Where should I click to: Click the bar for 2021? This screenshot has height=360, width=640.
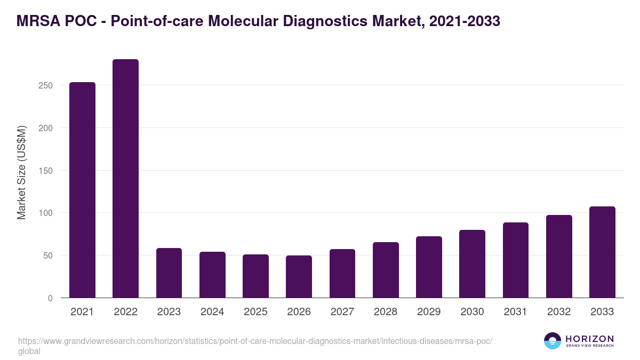(x=82, y=190)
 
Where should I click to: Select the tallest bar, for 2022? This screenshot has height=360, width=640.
(x=125, y=179)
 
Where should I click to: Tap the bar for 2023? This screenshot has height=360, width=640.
(x=169, y=273)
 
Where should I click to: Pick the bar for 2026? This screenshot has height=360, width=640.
(x=299, y=277)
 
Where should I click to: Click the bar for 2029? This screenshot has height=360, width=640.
(x=429, y=267)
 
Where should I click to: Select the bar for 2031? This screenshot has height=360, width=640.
(x=515, y=260)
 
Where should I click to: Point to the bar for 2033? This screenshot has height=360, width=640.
(x=602, y=252)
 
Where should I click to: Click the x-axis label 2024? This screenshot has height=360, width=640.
(x=212, y=312)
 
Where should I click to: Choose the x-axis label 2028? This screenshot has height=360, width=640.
(x=386, y=312)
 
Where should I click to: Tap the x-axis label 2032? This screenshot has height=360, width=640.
(x=559, y=312)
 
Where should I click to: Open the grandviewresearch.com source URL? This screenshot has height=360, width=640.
(x=255, y=341)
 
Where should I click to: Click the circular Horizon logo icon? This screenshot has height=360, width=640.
(x=552, y=341)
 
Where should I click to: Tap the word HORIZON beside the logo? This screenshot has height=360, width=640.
(x=589, y=338)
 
